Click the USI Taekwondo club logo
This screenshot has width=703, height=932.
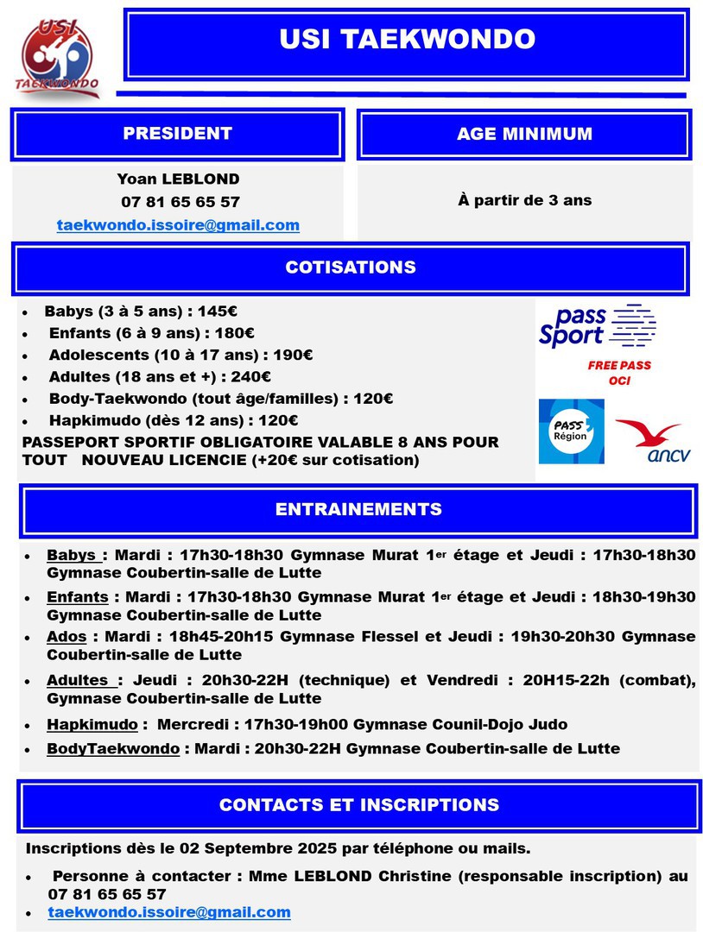58,58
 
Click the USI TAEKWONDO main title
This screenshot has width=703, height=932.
407,40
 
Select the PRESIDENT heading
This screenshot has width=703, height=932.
177,134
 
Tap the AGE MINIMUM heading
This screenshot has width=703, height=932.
524,134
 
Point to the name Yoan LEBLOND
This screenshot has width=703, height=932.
179,179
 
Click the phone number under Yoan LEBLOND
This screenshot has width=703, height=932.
180,202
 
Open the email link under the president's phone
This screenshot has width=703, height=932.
178,225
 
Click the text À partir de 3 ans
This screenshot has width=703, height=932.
524,200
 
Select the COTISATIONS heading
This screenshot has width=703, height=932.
351,268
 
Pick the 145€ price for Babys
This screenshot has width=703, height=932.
218,311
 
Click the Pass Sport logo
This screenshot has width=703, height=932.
596,326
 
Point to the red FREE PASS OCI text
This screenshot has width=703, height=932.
619,373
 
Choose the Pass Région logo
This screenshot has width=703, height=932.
571,431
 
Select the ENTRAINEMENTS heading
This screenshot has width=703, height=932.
358,509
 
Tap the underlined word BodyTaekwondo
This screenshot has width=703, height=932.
113,748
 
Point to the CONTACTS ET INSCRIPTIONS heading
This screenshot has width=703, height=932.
358,805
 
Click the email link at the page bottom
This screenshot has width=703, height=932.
169,912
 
